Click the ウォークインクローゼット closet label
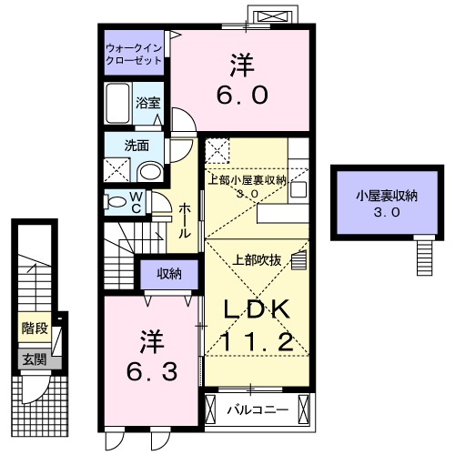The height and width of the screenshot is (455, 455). click(134, 53)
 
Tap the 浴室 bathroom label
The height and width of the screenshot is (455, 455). click(147, 103)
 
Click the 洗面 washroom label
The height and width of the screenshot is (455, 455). click(136, 144)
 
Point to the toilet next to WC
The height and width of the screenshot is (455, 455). click(116, 201)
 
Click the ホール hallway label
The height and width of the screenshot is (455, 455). click(184, 219)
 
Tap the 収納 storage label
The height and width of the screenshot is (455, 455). click(167, 273)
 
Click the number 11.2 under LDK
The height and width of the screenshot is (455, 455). click(258, 343)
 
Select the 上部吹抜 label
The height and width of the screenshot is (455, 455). click(263, 259)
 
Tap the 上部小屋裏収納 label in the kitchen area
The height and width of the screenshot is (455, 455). click(248, 179)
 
